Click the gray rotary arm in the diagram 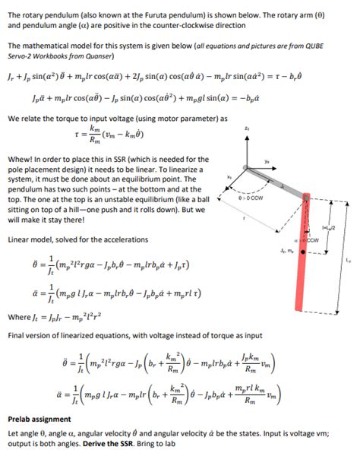(274, 178)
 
